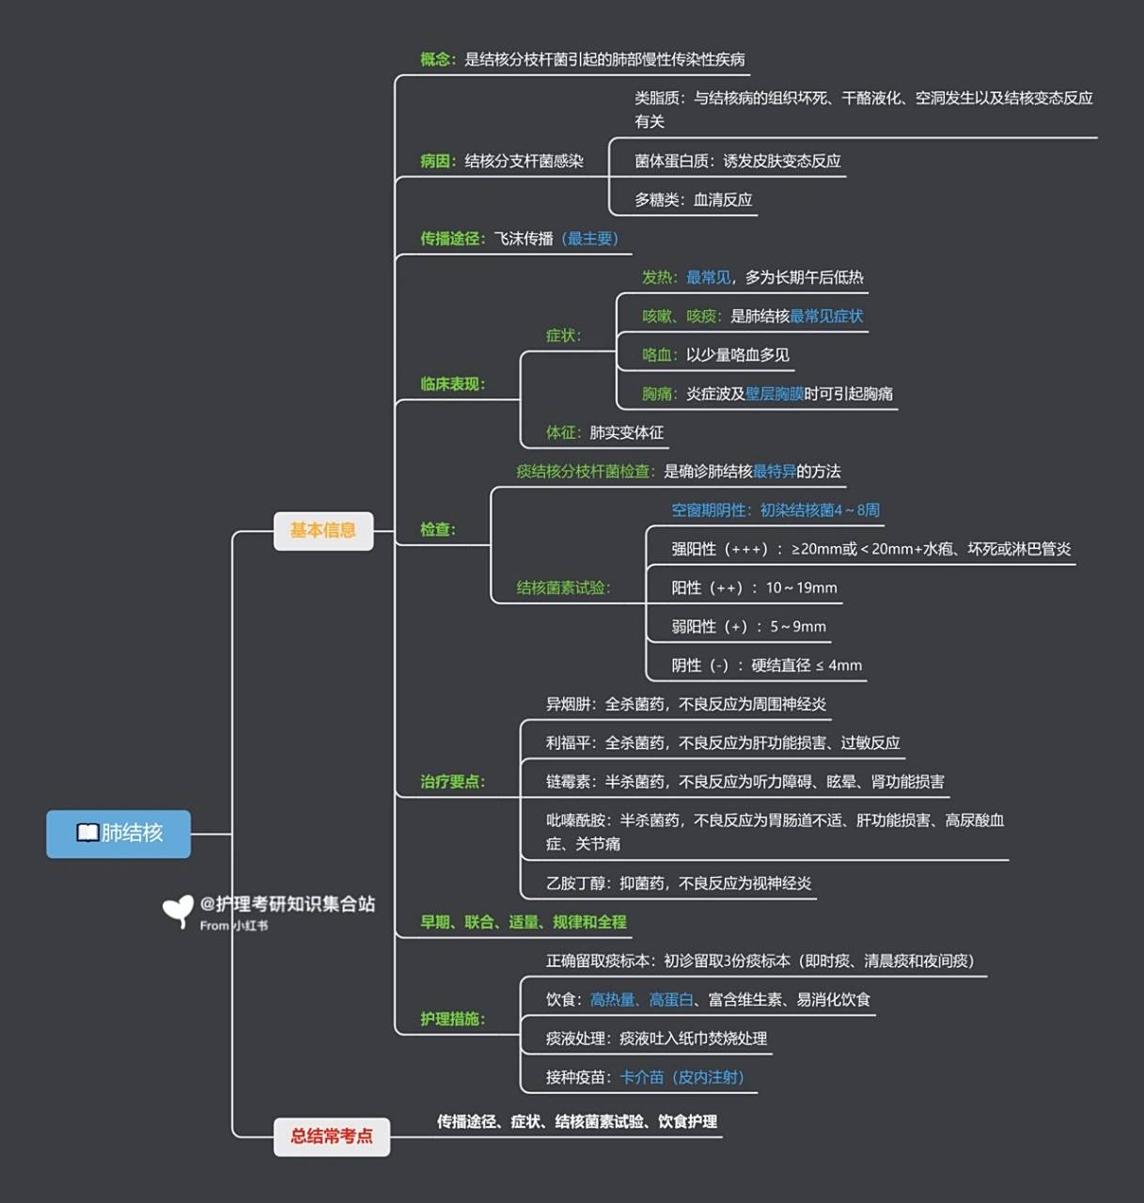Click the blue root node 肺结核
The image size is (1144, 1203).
point(118,834)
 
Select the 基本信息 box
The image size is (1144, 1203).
point(322,531)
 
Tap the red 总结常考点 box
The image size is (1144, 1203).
point(331,1136)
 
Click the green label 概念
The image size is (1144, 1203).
point(435,59)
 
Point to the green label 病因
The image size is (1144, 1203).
point(435,161)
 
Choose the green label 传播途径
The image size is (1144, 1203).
point(450,239)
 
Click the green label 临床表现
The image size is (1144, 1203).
point(450,383)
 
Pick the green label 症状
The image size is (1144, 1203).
point(561,336)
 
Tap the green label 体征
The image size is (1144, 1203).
point(561,432)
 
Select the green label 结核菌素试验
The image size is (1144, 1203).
point(561,587)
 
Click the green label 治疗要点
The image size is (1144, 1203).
point(450,781)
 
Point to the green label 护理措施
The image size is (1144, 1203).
point(450,1019)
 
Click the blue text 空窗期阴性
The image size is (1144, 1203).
point(710,510)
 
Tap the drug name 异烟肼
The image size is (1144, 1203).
point(568,704)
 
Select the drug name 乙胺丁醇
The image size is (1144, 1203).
point(575,883)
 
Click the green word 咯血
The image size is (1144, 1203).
point(657,354)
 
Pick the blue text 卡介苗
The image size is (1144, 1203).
point(642,1077)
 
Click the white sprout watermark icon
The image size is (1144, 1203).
point(177,910)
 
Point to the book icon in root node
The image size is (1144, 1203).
point(87,834)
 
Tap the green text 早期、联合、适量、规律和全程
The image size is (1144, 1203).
point(524,922)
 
